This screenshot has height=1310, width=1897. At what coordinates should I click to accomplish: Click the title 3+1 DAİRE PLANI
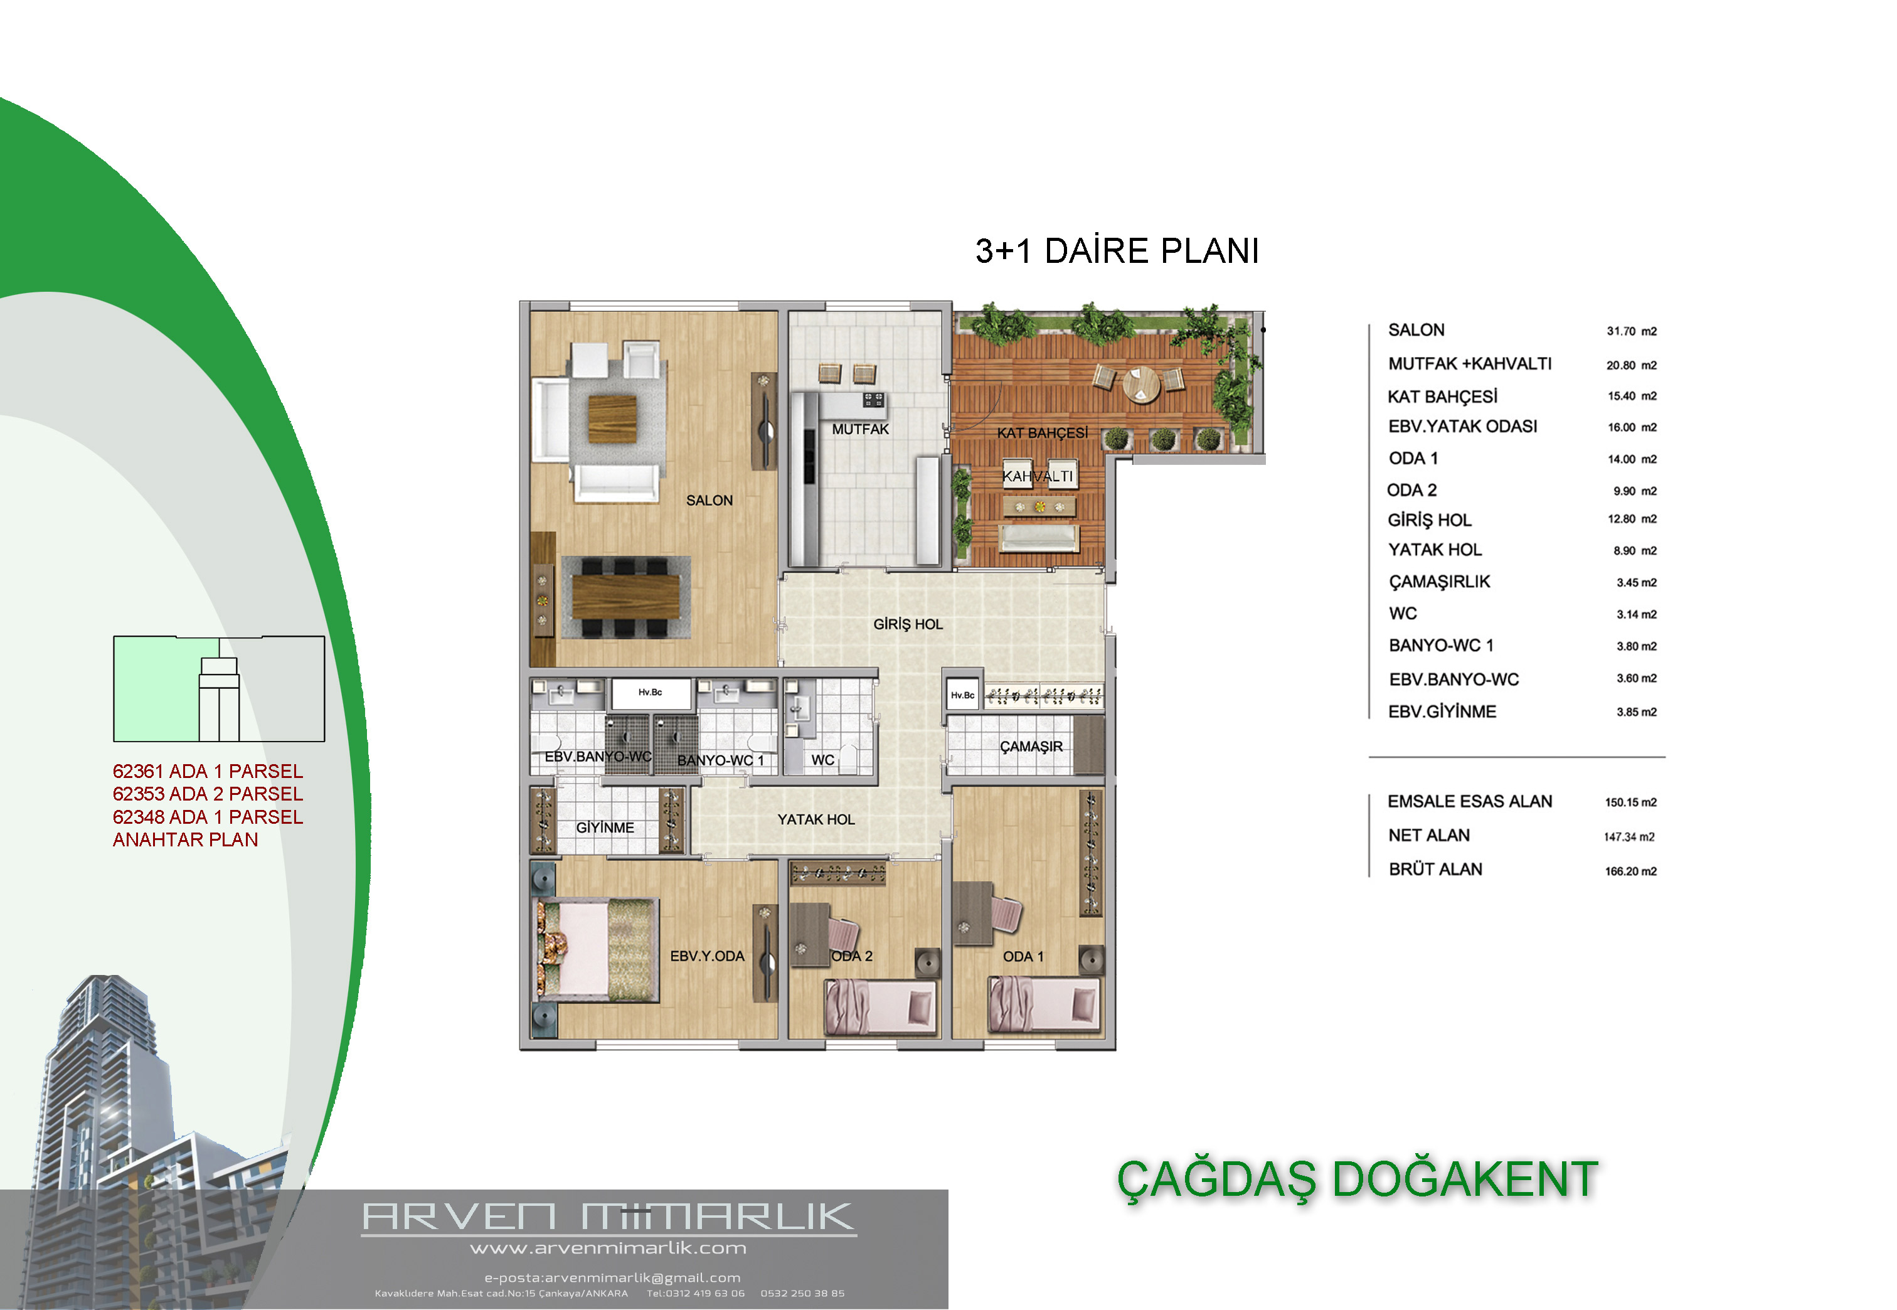(x=1117, y=251)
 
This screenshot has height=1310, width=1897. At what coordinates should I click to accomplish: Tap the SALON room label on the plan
(x=709, y=501)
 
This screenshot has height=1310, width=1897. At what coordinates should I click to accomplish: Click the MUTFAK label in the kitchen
(x=860, y=429)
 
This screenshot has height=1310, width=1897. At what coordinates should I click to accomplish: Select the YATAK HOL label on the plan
(x=816, y=820)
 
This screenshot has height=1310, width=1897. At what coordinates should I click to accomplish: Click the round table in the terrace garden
(x=1140, y=384)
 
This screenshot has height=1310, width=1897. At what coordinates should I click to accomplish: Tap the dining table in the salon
(x=625, y=597)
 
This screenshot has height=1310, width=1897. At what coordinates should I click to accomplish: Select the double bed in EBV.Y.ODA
(x=597, y=951)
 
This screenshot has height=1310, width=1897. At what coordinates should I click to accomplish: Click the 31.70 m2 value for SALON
(x=1631, y=332)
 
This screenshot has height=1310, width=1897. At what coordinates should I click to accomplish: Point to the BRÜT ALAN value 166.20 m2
(x=1630, y=871)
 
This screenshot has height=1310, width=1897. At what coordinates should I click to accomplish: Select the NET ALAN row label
(x=1428, y=836)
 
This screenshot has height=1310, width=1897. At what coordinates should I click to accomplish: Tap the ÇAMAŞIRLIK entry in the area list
(x=1439, y=582)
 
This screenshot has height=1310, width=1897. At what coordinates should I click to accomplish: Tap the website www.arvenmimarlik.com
(x=608, y=1249)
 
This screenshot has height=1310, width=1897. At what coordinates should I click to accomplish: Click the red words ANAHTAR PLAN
(x=186, y=839)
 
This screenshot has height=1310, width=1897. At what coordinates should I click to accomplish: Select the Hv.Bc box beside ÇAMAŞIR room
(x=962, y=695)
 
